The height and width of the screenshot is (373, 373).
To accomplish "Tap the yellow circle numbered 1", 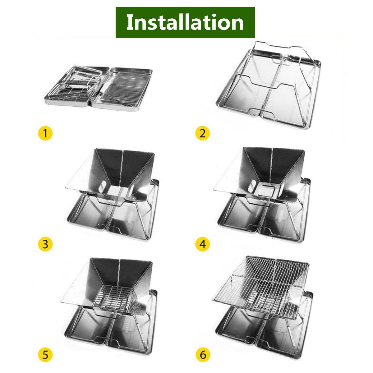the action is coord(45,133).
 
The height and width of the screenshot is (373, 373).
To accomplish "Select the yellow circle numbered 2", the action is coord(202,133).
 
